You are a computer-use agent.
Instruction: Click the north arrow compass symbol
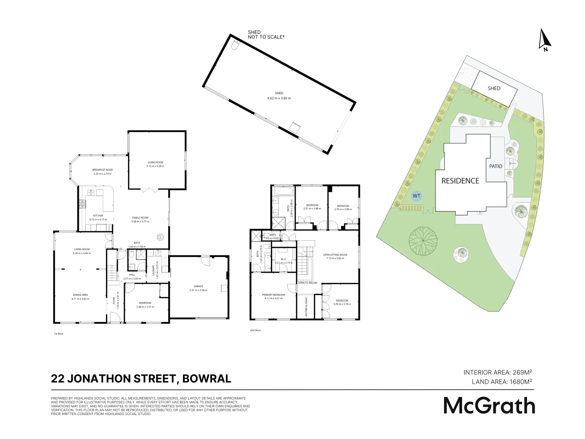(x=544, y=40)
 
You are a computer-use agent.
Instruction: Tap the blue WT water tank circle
(x=416, y=196)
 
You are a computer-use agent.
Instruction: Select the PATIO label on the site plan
(x=496, y=166)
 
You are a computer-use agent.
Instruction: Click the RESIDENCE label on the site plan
(x=460, y=181)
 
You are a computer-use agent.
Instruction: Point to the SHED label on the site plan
(x=494, y=88)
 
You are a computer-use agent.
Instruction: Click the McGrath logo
(x=489, y=406)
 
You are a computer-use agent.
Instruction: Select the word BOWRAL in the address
(x=207, y=379)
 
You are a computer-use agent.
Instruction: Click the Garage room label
(x=198, y=286)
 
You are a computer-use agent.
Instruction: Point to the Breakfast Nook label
(x=102, y=170)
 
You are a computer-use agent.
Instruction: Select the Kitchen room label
(x=98, y=215)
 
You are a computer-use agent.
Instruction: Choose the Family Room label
(x=140, y=217)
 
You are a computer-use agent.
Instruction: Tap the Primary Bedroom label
(x=273, y=295)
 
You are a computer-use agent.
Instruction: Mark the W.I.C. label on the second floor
(x=284, y=259)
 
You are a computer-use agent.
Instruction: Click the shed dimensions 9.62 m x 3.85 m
(x=279, y=98)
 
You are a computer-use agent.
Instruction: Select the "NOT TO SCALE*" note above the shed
(x=266, y=37)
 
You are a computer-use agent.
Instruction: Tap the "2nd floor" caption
(x=255, y=330)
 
